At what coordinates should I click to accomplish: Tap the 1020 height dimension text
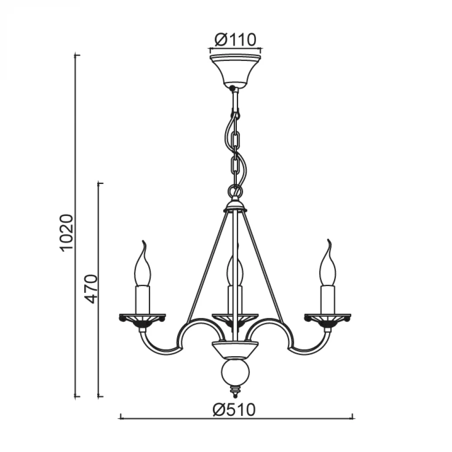click(x=67, y=233)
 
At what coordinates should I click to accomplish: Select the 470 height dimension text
click(x=92, y=289)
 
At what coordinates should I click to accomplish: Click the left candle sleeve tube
click(x=143, y=300)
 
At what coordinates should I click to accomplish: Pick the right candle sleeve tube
click(x=328, y=300)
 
